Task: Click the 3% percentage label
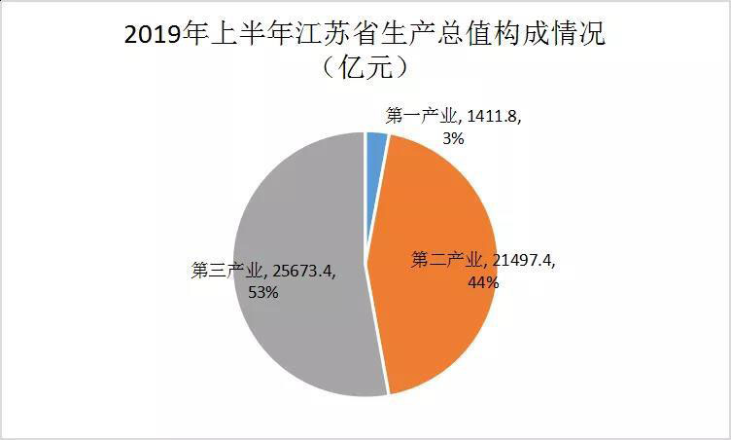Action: click(452, 138)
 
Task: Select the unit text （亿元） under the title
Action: click(365, 70)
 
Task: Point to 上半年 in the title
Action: click(248, 37)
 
